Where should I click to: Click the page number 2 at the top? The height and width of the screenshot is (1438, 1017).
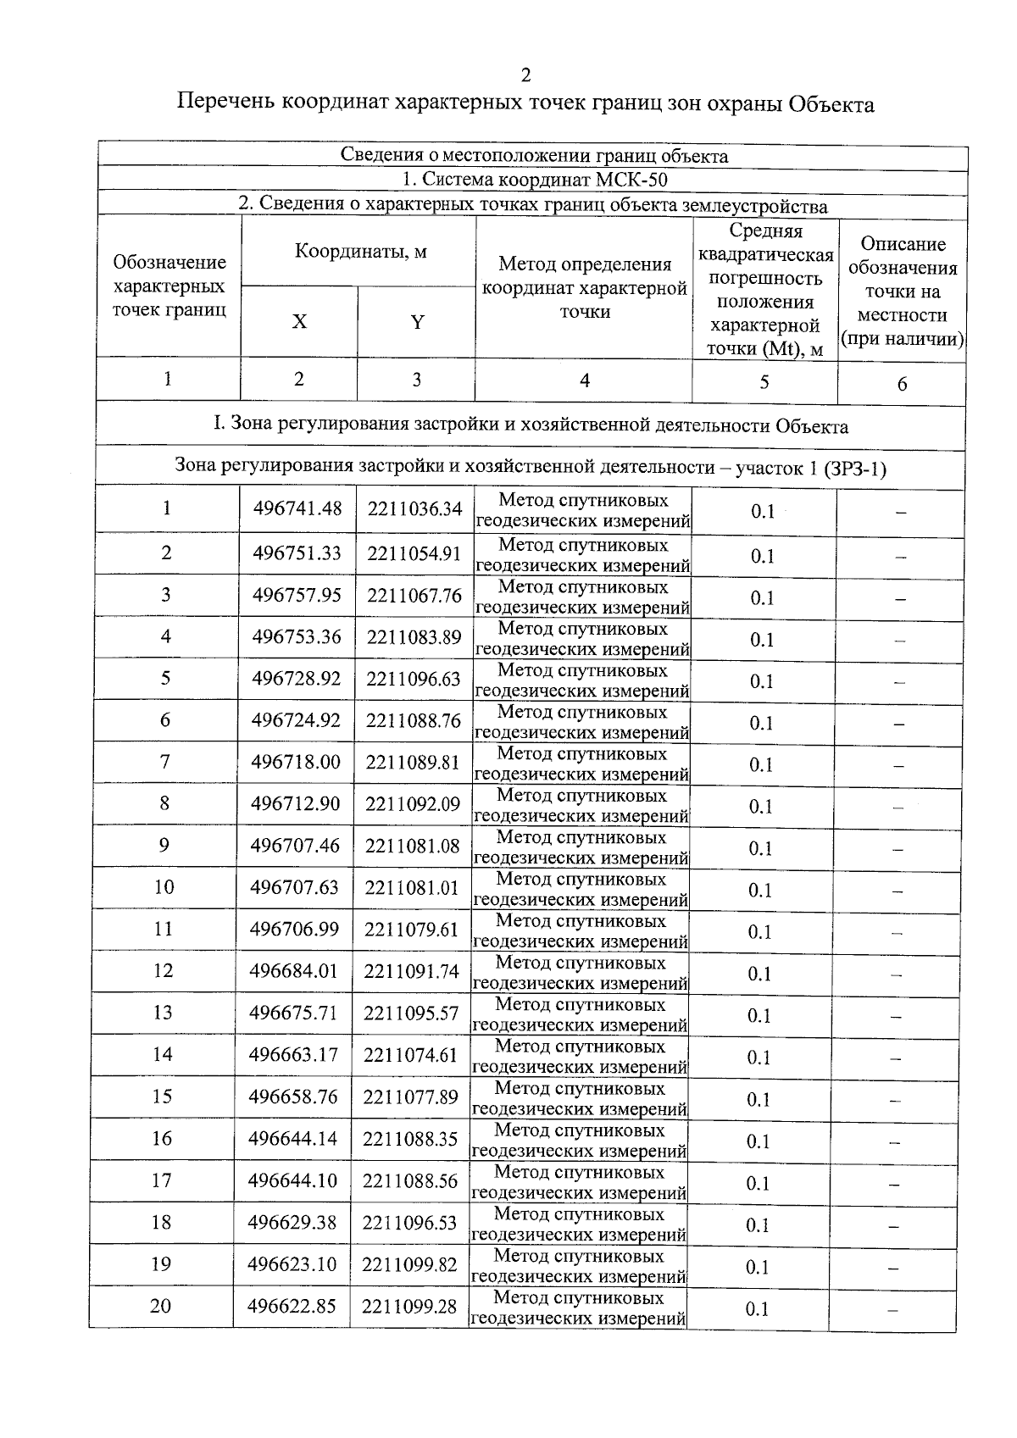pos(525,75)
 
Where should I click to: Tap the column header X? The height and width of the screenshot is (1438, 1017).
pos(299,322)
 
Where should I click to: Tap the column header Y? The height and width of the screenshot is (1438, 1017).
pos(417,322)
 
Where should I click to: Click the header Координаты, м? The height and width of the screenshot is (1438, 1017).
pos(360,252)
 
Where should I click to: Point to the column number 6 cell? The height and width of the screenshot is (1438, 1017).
pos(902,384)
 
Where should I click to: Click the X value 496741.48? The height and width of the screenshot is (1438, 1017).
pos(297,508)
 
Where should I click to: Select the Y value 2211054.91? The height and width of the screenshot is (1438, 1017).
pos(414,553)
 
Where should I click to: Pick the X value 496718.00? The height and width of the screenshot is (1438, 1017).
pos(296,763)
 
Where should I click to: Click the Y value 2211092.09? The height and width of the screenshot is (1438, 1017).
pos(413,804)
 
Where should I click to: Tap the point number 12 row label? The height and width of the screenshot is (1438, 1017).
pos(163,971)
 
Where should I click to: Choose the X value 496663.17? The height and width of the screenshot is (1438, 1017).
pos(293,1055)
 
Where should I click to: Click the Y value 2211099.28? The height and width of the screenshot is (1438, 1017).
pos(409,1307)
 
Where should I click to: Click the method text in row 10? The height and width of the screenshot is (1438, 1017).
pos(581,889)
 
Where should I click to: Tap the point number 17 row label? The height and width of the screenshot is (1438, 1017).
pos(161,1180)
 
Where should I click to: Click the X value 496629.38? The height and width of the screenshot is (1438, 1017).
pos(292,1223)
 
